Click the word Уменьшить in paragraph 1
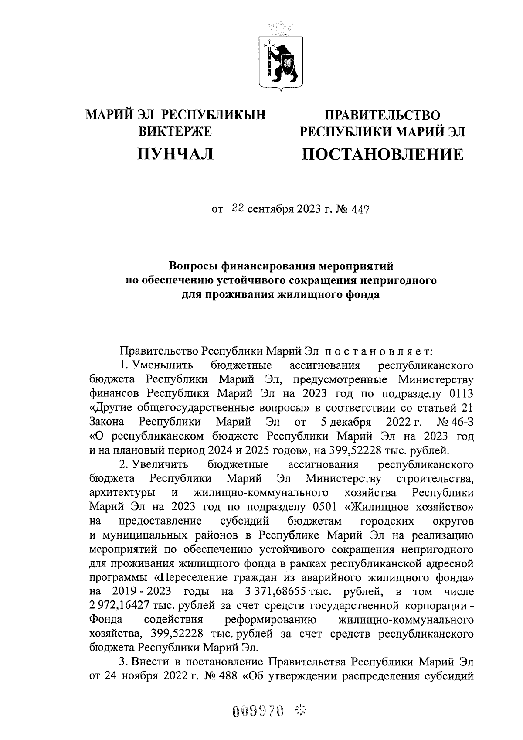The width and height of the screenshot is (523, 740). tap(160, 365)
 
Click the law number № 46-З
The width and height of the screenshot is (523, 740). tap(455, 422)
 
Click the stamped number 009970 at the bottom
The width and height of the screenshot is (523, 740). tap(258, 712)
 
